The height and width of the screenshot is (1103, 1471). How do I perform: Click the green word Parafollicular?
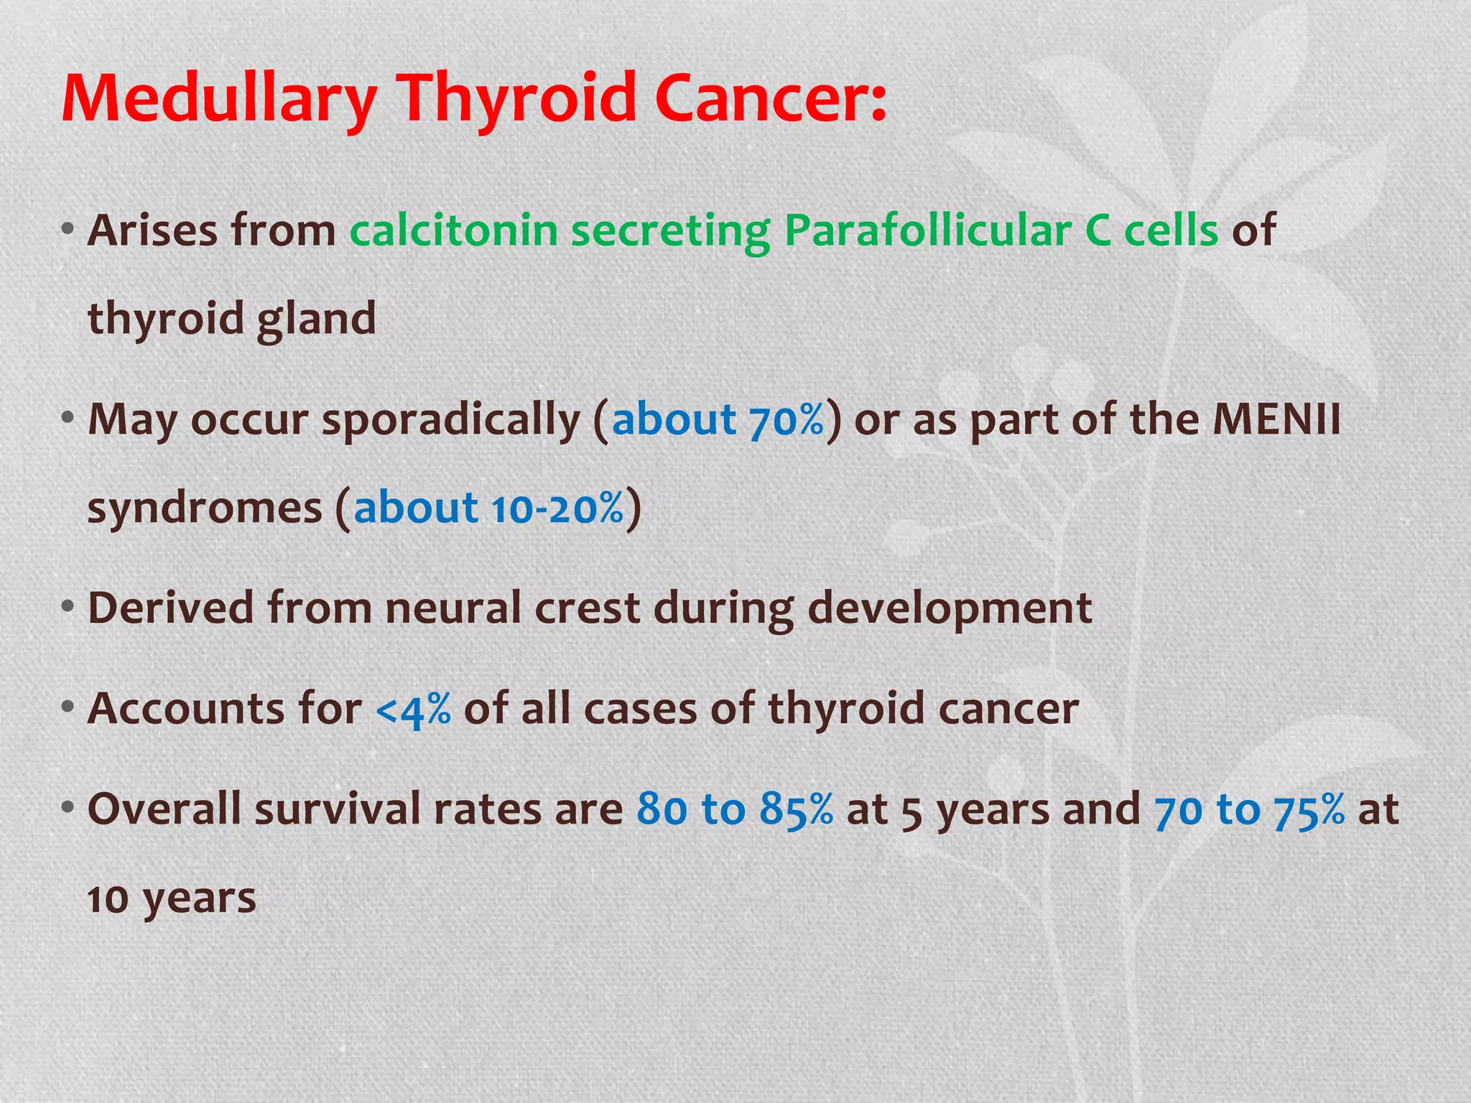[927, 231]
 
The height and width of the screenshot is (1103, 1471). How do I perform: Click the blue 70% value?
[786, 420]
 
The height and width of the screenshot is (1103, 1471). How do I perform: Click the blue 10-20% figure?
[557, 508]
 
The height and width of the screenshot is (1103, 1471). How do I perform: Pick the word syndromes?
[205, 508]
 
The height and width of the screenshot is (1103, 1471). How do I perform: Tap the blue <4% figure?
[413, 710]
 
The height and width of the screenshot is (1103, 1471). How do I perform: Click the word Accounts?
[185, 709]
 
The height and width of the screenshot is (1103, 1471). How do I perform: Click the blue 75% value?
[1309, 809]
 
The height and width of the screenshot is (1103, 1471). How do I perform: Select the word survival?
[337, 809]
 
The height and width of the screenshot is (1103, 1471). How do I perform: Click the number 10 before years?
[108, 900]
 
